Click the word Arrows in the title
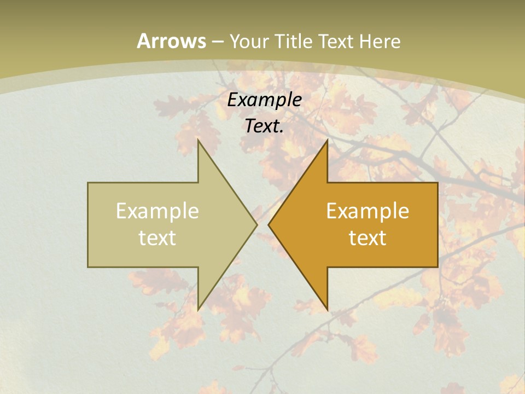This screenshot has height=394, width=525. pyautogui.click(x=171, y=41)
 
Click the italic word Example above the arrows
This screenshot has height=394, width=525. pyautogui.click(x=264, y=100)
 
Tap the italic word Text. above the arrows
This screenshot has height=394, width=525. pyautogui.click(x=264, y=126)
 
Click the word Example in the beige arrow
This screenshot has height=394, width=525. pyautogui.click(x=157, y=211)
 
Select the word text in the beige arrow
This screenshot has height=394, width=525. pyautogui.click(x=157, y=237)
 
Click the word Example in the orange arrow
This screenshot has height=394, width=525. pyautogui.click(x=367, y=211)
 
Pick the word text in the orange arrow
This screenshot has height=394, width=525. pyautogui.click(x=367, y=237)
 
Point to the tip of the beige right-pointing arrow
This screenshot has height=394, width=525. pyautogui.click(x=256, y=224)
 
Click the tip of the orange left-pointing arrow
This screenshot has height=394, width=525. pyautogui.click(x=269, y=224)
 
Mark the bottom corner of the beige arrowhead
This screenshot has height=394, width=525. pyautogui.click(x=198, y=310)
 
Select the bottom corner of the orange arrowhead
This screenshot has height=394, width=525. pyautogui.click(x=327, y=310)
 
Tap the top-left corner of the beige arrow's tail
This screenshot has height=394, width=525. pyautogui.click(x=88, y=183)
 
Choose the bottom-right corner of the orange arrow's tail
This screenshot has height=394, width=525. pyautogui.click(x=437, y=267)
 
